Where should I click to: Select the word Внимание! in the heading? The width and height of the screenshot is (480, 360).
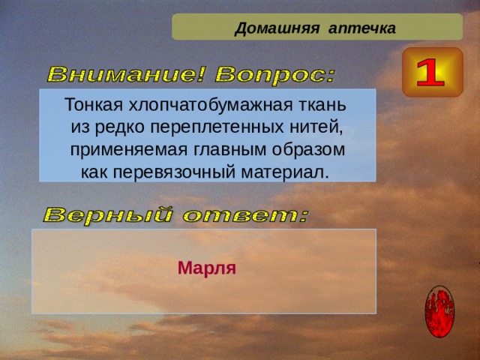[x=127, y=75]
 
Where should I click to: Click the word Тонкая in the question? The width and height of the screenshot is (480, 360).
[x=91, y=103]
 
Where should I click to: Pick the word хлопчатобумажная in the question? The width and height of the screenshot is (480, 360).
[x=208, y=103]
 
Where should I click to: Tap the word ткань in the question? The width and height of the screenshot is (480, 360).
[x=323, y=103]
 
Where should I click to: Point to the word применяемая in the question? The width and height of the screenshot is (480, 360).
[x=115, y=150]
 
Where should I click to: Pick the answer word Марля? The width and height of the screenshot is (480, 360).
[x=207, y=268]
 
